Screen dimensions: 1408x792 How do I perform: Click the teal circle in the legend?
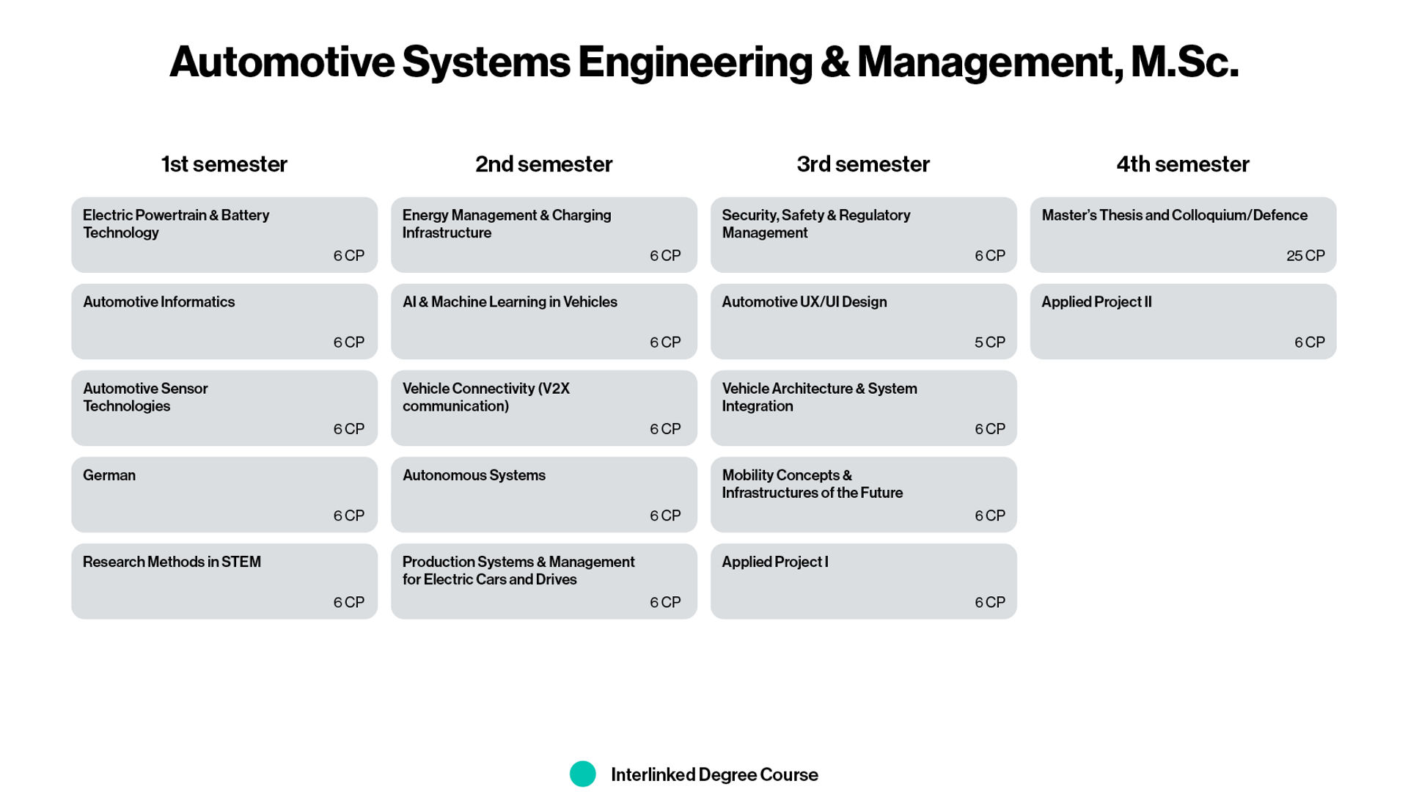[583, 774]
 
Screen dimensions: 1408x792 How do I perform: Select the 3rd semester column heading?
[863, 164]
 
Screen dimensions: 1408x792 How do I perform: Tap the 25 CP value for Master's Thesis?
[1305, 256]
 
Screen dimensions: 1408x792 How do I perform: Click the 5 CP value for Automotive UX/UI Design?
[990, 342]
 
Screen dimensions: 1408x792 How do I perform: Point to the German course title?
[109, 475]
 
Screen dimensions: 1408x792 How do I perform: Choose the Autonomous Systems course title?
[474, 475]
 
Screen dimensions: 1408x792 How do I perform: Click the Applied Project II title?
[1096, 302]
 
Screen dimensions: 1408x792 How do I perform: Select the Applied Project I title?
[775, 562]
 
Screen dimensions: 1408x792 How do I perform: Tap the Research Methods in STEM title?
[172, 562]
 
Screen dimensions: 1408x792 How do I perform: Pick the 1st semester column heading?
[224, 164]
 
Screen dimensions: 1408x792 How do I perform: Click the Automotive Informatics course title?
[158, 302]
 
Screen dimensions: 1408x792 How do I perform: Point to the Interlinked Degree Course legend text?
[714, 775]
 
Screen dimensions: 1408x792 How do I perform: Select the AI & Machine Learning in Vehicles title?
[510, 302]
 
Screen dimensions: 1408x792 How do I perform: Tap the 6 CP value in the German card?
[349, 516]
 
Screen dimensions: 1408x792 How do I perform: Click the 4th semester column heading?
[1183, 164]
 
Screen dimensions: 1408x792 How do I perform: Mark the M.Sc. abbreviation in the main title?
[1184, 62]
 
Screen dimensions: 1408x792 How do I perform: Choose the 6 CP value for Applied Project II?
[1310, 342]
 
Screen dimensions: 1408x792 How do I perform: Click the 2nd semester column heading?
[543, 164]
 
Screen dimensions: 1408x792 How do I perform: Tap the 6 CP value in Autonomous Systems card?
[665, 516]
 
